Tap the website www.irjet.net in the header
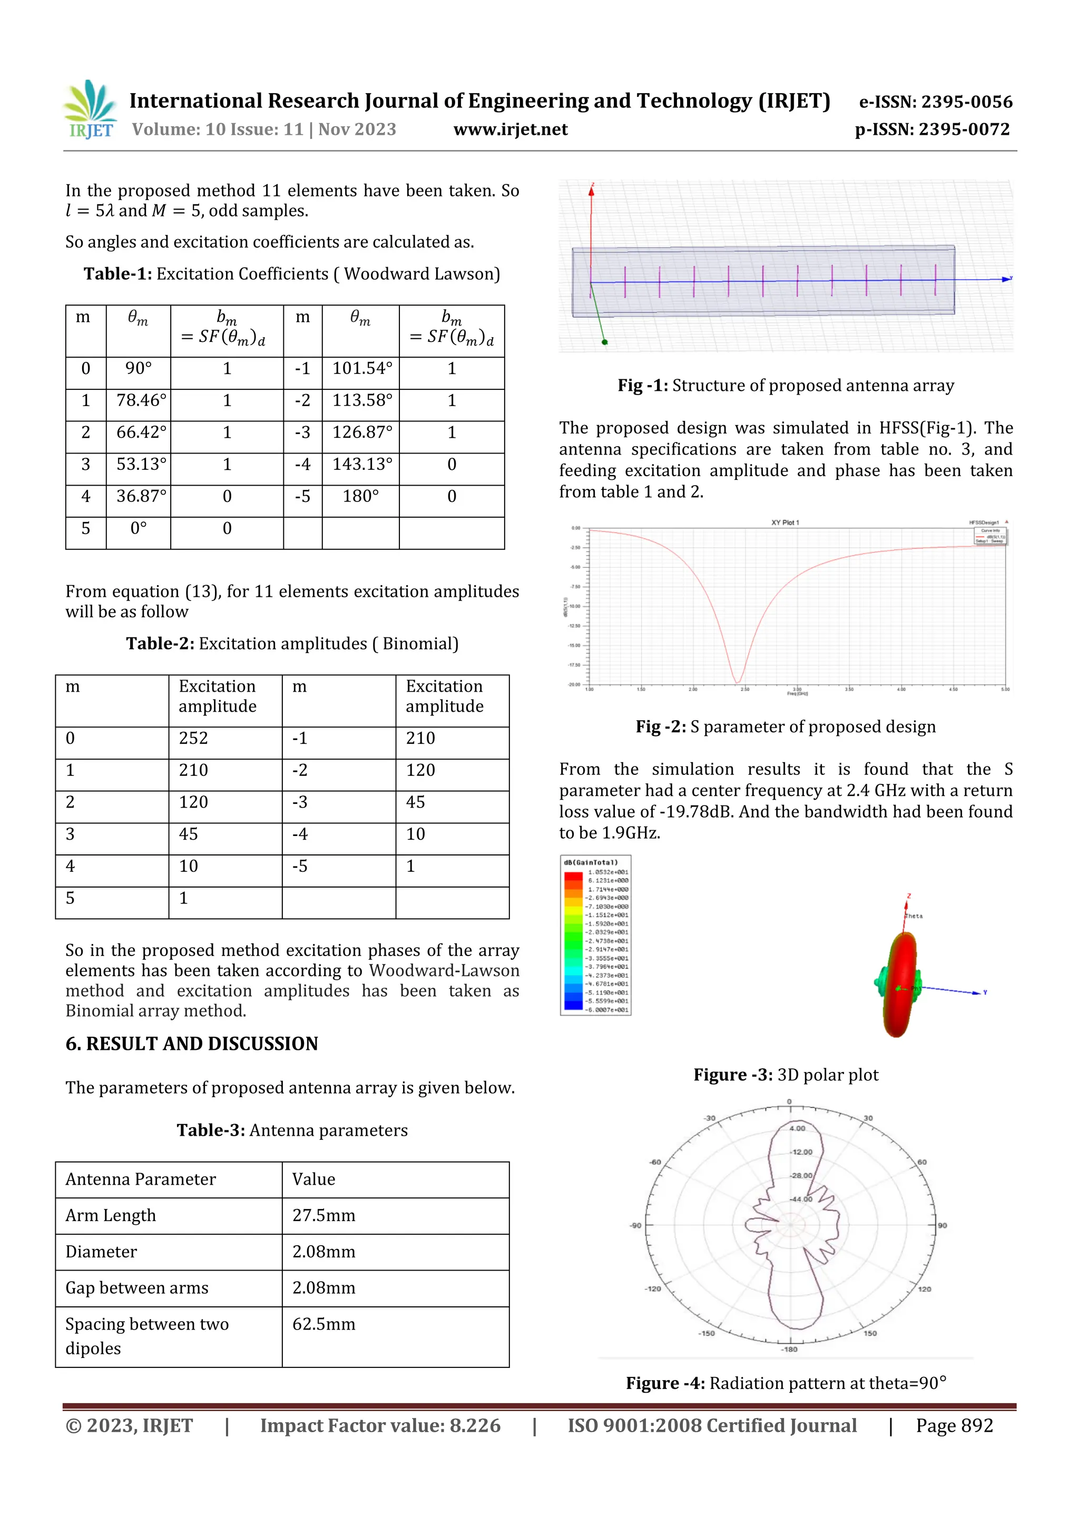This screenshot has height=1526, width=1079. point(510,130)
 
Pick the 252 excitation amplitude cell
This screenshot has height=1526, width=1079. point(193,739)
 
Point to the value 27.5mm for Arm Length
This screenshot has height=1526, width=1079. point(324,1216)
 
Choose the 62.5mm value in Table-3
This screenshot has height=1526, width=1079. point(324,1325)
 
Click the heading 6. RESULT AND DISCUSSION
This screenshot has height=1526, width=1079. point(191,1043)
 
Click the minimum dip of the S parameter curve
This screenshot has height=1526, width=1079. point(737,681)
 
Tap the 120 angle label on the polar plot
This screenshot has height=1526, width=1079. point(925,1289)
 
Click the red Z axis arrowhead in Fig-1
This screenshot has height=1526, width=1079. point(591,191)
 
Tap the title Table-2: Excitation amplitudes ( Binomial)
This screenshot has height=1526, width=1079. point(292,643)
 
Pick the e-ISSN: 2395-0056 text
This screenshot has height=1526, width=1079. point(935,102)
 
